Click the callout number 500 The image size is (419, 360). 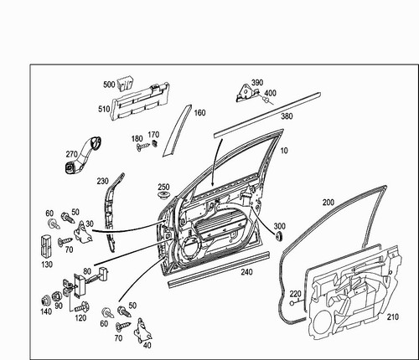coord(109,85)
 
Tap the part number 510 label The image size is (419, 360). coord(104,109)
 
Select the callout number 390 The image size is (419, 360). coord(257,82)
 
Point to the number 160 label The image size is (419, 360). coord(199,113)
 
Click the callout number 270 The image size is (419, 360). coord(71,154)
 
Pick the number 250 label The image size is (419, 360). coord(163,187)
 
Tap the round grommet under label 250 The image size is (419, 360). coord(163,195)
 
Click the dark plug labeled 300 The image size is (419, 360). coord(278,236)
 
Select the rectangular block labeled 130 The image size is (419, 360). coord(45,247)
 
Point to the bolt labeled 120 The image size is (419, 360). coord(81,307)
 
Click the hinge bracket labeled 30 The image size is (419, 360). coord(83,232)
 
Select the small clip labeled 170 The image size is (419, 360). coord(155,143)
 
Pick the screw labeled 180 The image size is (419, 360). coord(143,147)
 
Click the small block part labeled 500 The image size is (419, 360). coord(125,82)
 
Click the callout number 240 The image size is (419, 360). coord(246,272)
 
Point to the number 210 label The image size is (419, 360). coord(392,317)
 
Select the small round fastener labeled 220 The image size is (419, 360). coord(292,303)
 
